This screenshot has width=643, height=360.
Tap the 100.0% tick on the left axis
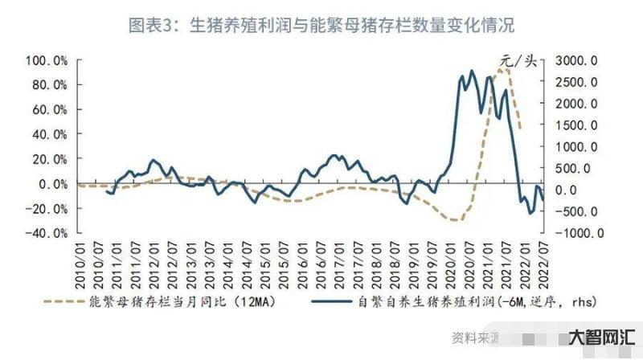[x=47, y=60]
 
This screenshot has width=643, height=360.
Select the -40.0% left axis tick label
[x=47, y=233]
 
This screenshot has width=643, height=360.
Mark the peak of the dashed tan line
[x=504, y=70]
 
